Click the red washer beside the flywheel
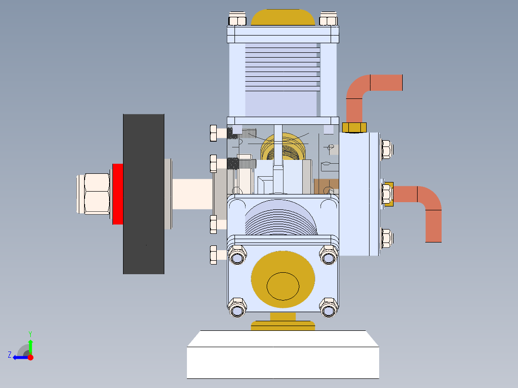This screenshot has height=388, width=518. (x=118, y=194)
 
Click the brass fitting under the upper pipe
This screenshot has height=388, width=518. (x=354, y=127)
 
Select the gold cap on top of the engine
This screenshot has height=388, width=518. (x=283, y=18)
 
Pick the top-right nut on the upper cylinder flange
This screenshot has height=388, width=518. (x=329, y=19)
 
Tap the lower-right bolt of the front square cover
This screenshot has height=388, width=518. (x=329, y=307)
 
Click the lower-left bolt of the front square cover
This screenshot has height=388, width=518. (x=236, y=307)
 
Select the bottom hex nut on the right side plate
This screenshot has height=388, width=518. (x=386, y=238)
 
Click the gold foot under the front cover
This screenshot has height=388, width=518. (x=283, y=322)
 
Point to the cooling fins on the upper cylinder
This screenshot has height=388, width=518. (x=283, y=67)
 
